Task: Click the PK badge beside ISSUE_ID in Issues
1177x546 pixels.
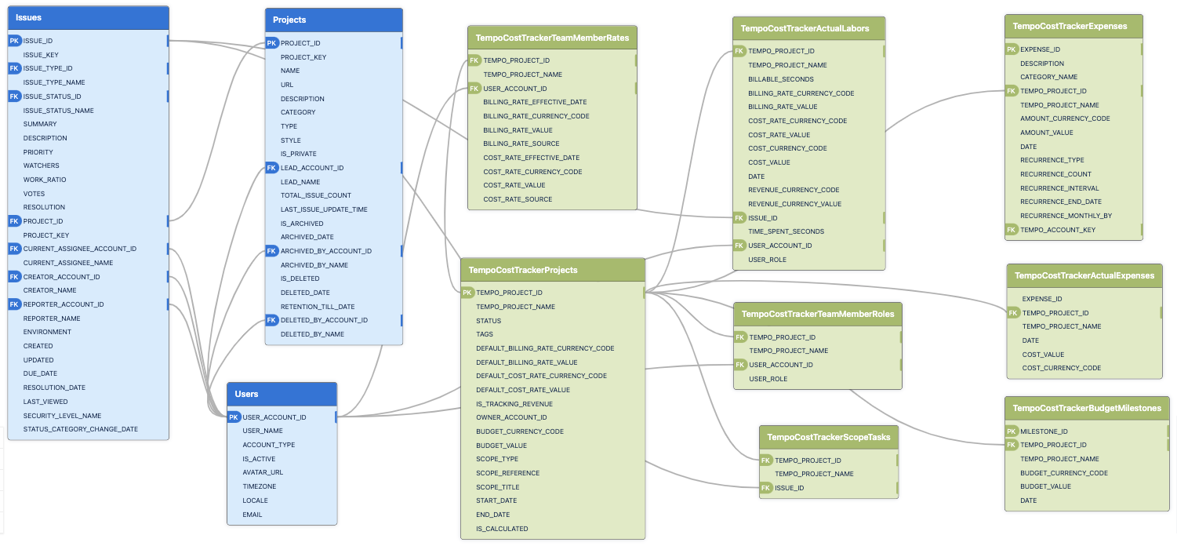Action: [x=14, y=41]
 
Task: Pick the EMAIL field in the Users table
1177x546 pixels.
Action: [x=252, y=515]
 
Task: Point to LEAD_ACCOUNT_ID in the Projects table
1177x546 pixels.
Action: [x=312, y=168]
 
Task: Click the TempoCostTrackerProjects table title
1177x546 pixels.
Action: [x=523, y=270]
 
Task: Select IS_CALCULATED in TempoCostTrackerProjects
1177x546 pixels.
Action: [x=502, y=529]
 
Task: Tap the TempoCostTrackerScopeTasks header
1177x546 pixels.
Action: [x=829, y=437]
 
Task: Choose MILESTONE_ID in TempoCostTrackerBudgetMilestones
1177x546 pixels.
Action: [x=1044, y=431]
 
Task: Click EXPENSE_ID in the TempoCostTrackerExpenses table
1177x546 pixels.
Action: [x=1040, y=49]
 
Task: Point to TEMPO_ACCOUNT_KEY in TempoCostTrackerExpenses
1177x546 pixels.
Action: [x=1058, y=230]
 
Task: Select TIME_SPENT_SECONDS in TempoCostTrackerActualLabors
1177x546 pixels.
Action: [x=786, y=231]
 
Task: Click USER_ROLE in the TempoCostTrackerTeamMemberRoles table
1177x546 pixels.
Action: [x=768, y=379]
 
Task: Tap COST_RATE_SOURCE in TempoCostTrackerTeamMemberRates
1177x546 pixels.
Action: [x=518, y=199]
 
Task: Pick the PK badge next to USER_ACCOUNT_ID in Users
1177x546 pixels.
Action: [x=234, y=417]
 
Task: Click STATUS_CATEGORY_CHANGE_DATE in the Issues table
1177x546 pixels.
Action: [x=81, y=429]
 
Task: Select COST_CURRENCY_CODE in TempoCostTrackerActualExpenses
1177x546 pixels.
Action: [x=1061, y=368]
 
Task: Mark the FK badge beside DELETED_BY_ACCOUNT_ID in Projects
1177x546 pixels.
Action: [x=271, y=320]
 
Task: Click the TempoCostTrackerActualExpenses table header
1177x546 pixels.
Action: [x=1084, y=275]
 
